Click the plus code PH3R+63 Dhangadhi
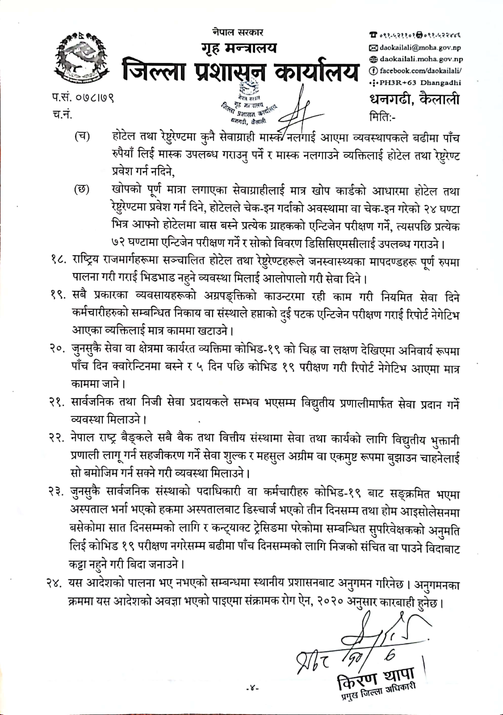point(420,83)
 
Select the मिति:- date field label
point(383,117)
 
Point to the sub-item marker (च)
point(82,136)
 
